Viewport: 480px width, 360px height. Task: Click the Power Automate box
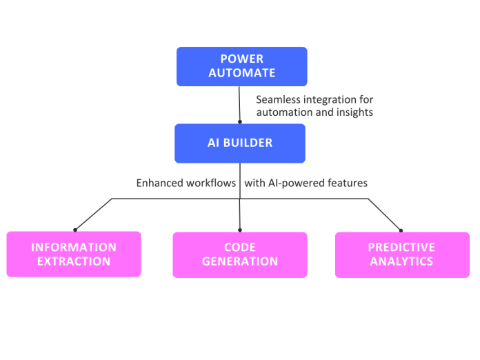241,66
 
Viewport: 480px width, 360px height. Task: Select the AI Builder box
239,143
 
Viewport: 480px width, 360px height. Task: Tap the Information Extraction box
74,254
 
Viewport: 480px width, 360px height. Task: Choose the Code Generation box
239,254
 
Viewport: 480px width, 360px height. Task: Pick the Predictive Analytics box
401,254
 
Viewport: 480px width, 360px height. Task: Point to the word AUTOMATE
241,73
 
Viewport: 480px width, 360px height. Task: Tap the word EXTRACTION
74,261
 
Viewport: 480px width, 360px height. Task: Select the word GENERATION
239,261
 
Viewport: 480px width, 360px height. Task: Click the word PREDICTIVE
401,247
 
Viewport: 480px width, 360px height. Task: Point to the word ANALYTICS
401,261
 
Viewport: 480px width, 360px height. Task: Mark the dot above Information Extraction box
75,230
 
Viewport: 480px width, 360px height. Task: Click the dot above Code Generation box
240,230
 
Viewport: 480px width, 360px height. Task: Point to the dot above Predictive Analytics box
401,230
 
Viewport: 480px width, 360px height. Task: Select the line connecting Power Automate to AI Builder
239,105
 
